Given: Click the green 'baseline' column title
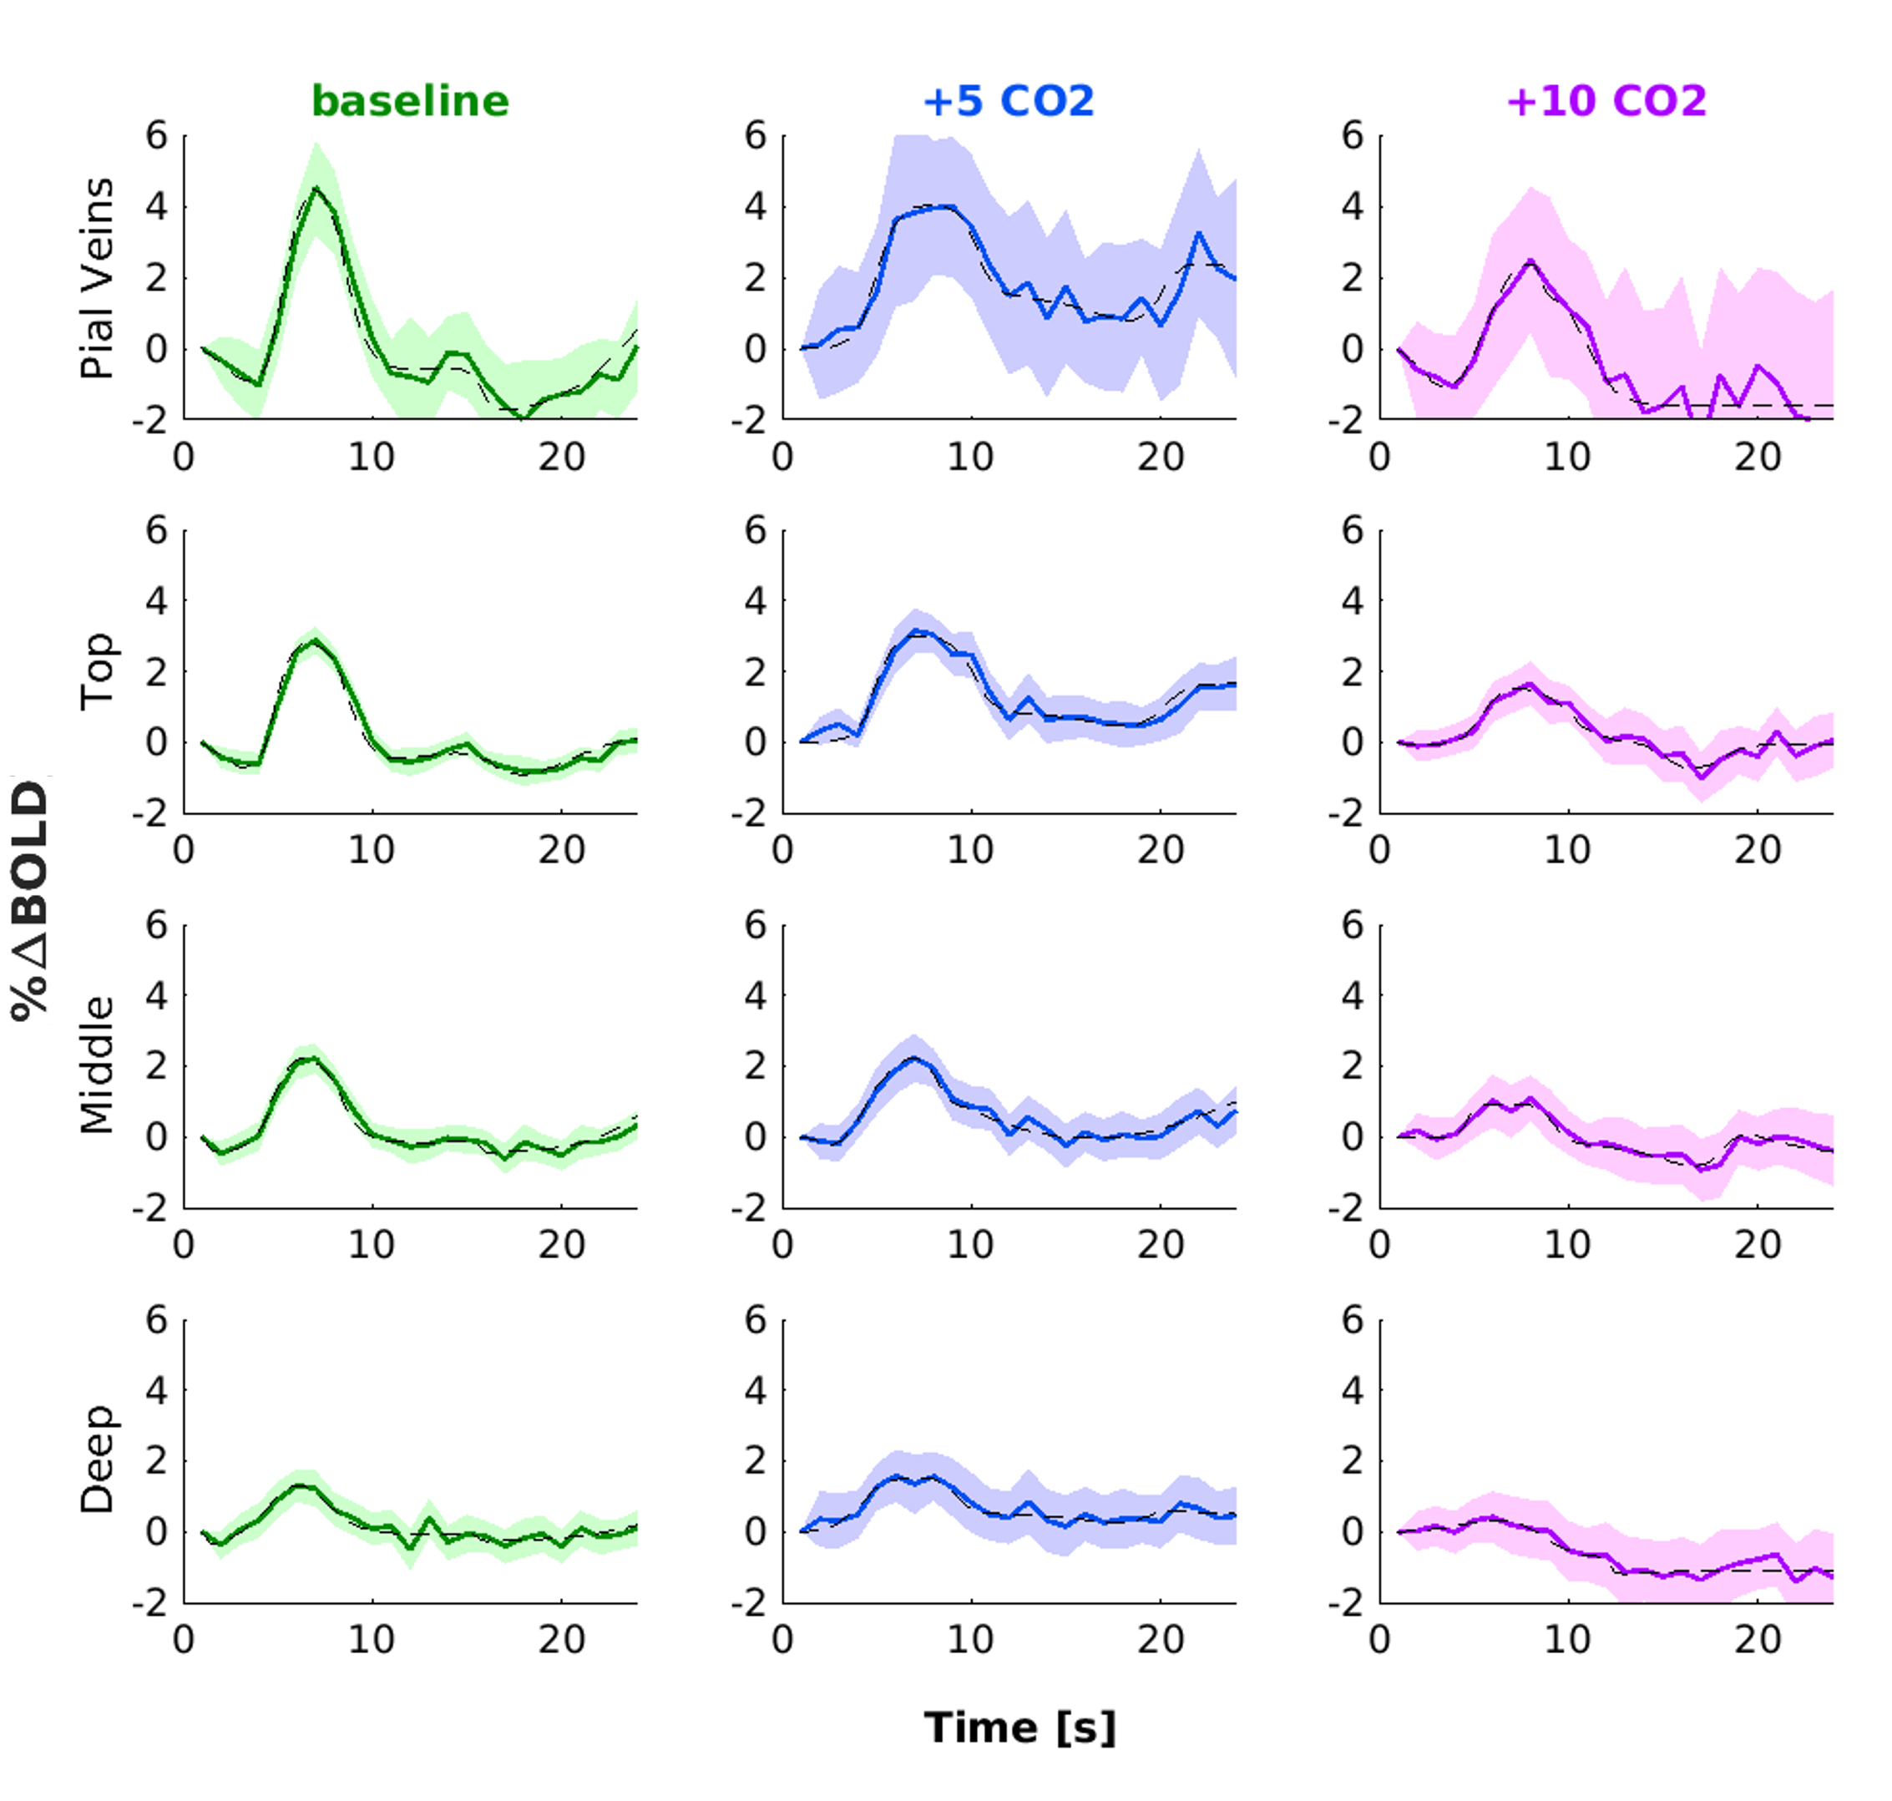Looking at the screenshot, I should click(410, 101).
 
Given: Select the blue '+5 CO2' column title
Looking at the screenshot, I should click(1008, 101).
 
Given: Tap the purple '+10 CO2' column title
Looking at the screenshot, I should click(1606, 101).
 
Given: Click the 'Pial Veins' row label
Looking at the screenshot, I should click(97, 278).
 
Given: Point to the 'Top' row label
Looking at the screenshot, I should click(97, 671).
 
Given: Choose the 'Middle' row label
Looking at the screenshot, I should click(97, 1065).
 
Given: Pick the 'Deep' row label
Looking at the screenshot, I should click(97, 1460).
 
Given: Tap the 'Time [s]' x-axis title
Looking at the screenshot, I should click(1019, 1728).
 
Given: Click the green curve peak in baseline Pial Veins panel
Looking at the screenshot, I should click(316, 190).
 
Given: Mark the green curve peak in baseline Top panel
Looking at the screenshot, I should click(315, 640).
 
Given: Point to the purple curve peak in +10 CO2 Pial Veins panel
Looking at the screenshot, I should click(1530, 261).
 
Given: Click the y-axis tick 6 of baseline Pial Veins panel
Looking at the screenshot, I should click(156, 135).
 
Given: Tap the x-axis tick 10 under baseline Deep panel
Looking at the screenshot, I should click(372, 1640).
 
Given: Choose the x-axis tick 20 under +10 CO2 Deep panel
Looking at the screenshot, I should click(1758, 1640).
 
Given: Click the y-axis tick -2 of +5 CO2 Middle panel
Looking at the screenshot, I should click(748, 1207).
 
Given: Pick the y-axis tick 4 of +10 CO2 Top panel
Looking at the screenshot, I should click(1352, 601).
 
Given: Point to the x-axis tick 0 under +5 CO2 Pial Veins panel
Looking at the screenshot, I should click(782, 457).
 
